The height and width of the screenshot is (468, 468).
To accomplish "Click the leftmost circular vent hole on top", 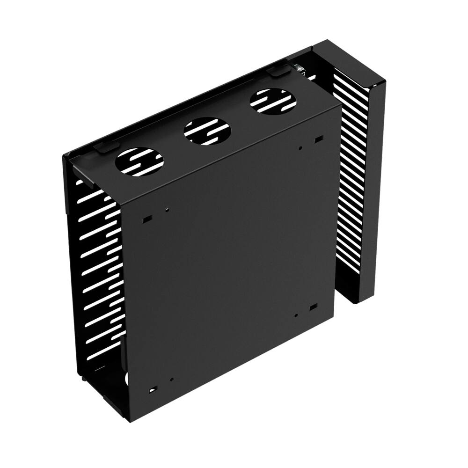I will point(139,161).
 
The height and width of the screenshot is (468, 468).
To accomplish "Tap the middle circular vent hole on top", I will point(206,131).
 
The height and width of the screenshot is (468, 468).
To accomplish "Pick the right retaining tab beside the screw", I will point(279,71).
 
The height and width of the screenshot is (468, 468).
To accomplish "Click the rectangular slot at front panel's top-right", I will point(319,139).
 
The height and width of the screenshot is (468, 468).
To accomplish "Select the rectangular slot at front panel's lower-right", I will point(313,307).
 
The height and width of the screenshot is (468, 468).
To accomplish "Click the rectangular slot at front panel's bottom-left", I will point(152,389).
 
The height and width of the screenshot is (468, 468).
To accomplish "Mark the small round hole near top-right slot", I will point(300,149).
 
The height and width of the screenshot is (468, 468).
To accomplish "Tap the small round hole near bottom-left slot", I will point(172,380).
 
